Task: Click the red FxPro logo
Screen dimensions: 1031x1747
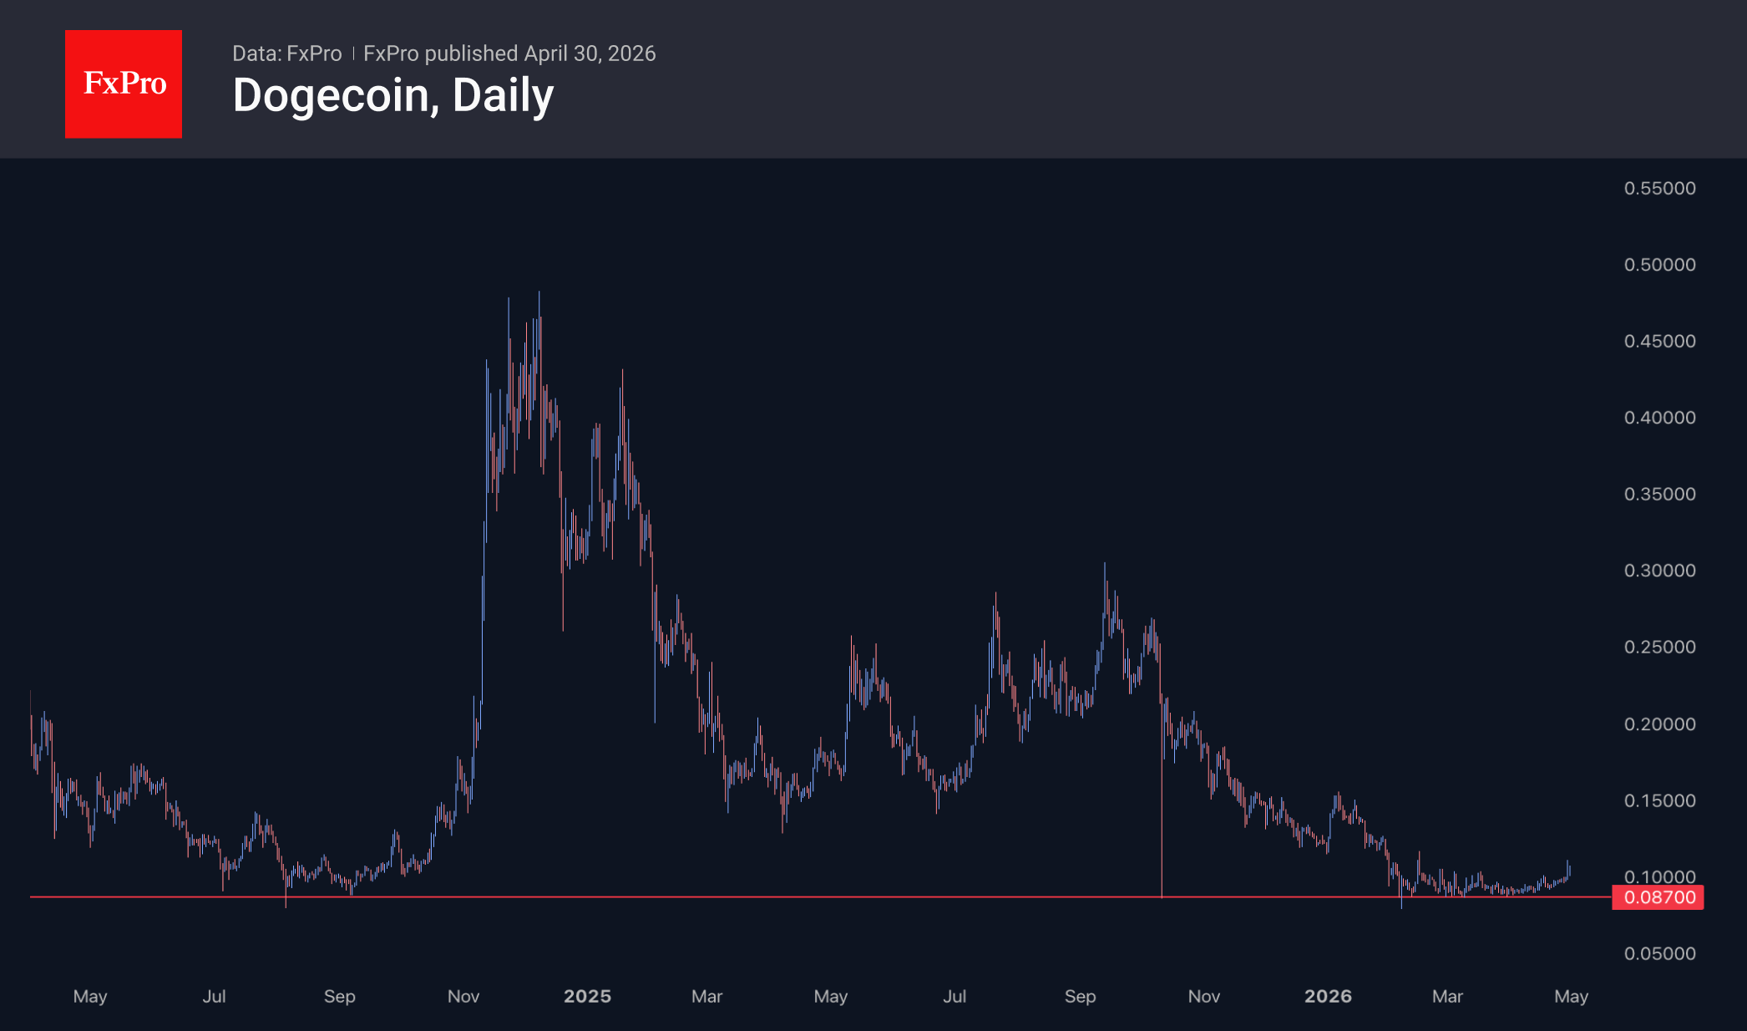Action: [124, 84]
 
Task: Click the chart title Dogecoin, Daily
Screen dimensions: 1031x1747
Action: [392, 95]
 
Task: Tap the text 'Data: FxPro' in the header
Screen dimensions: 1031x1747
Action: [286, 53]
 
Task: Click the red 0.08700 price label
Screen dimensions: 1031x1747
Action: [1658, 897]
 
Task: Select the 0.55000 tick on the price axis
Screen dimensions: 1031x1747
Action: [1659, 188]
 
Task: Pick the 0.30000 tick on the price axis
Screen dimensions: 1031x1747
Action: [1659, 571]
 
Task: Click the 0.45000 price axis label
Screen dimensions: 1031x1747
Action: [1659, 341]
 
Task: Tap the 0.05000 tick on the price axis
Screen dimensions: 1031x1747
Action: [1659, 953]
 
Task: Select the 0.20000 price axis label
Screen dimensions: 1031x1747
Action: [1659, 724]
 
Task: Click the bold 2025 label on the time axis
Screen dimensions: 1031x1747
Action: [587, 996]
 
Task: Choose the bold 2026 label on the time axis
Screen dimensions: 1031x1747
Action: [1328, 996]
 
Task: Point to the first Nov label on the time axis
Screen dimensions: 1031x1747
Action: [463, 996]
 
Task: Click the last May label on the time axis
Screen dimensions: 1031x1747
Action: [1571, 996]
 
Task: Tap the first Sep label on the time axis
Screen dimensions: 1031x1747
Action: [339, 996]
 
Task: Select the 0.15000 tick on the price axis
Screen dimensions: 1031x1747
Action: [1659, 800]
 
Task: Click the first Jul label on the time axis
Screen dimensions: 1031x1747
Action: [214, 996]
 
